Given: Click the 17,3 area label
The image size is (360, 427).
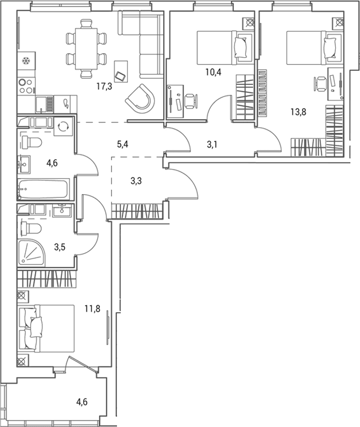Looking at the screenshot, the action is [x=104, y=86].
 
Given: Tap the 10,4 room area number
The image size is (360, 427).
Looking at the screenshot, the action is [x=214, y=72].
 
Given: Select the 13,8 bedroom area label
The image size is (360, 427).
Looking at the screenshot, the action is [x=298, y=112].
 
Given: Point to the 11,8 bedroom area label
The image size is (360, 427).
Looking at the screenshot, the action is [x=92, y=308].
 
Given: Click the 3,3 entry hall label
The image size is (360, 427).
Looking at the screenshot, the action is [x=136, y=181].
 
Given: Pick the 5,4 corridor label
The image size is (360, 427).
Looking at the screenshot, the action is [x=122, y=144].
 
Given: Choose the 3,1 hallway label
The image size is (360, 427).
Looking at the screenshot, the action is [x=212, y=145].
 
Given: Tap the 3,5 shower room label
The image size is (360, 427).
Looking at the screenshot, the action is [x=60, y=247].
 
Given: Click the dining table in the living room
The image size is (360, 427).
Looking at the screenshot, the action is [x=86, y=49].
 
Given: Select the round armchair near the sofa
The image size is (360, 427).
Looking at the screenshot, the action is [x=139, y=98].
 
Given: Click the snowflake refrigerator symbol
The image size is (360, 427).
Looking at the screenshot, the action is [x=26, y=61].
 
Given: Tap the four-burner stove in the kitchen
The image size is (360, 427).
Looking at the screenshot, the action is [x=26, y=86].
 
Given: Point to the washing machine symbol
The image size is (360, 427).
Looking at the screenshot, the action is [x=63, y=127].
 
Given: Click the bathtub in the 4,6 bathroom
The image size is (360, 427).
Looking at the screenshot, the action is [x=43, y=188].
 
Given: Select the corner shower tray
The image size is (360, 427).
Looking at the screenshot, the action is [x=31, y=254].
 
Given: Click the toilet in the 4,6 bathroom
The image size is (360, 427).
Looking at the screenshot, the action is [x=31, y=142].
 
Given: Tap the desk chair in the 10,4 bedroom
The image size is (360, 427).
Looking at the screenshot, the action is [x=190, y=101].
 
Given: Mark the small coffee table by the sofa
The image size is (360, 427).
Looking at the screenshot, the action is [x=121, y=71].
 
